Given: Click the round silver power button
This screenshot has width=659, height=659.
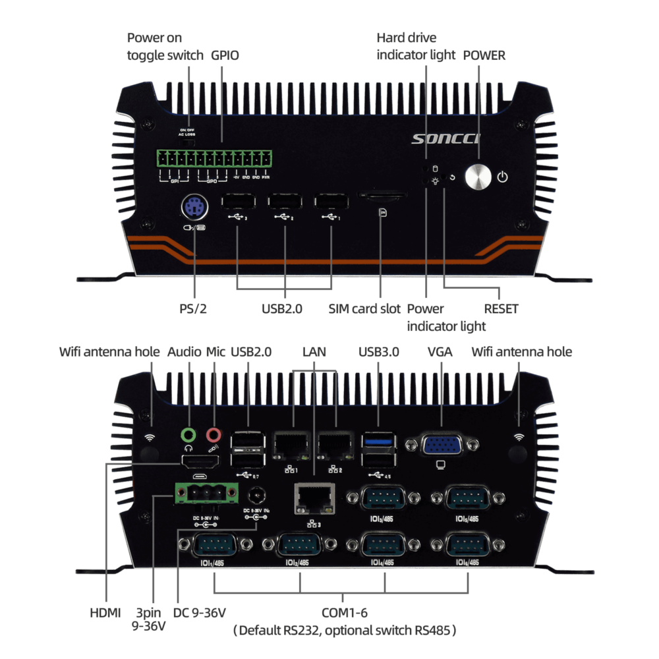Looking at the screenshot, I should point(478,177).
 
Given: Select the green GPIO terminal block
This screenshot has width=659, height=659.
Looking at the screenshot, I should point(215,158).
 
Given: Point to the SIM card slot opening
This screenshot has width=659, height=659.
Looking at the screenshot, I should point(382,196).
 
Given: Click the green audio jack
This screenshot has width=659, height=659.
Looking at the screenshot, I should point(190,434).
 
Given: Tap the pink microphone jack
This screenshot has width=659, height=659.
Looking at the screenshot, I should point(214,434).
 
